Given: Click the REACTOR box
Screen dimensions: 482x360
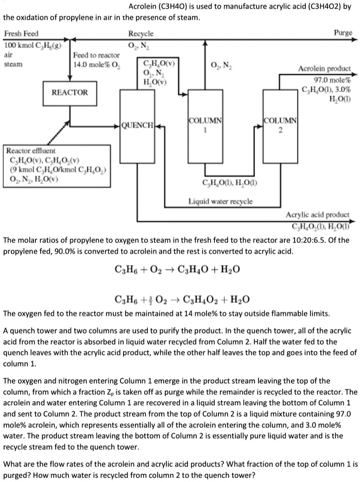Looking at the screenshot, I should click(70, 92).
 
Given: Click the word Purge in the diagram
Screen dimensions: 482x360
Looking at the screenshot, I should click(343, 32).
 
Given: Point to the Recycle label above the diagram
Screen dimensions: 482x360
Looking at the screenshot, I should click(141, 33).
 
